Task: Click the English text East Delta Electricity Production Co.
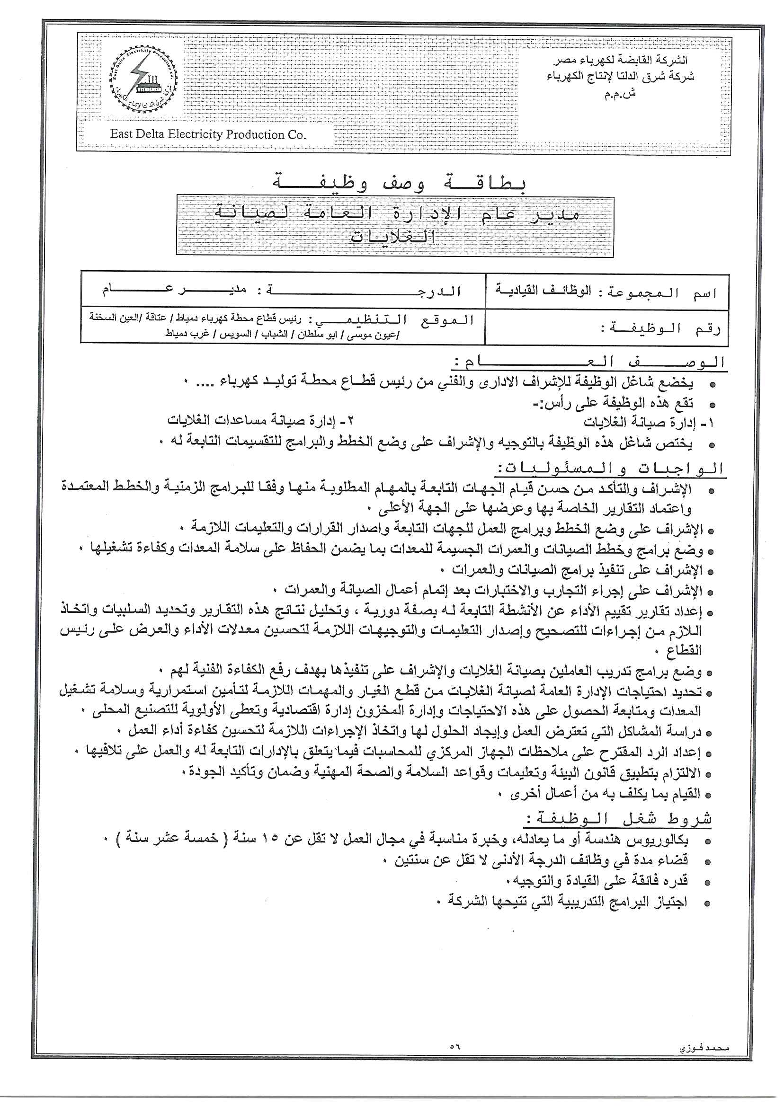pos(208,134)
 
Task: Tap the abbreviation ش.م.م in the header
pos(620,94)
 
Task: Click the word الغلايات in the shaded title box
pos(393,237)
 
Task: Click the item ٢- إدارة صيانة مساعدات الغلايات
pos(261,421)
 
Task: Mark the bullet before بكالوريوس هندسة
pos(708,841)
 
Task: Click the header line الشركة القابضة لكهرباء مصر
pos(620,60)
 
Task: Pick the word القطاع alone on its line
pos(684,650)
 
